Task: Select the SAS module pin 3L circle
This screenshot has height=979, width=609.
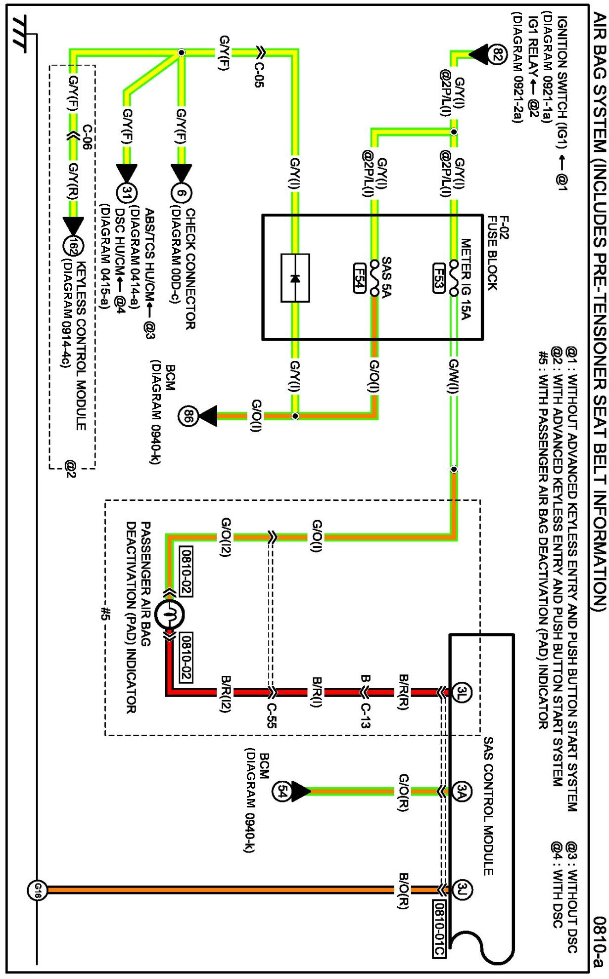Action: (x=462, y=692)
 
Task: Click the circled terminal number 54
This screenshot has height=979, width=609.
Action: (x=281, y=792)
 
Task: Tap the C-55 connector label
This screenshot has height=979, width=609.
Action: (x=271, y=715)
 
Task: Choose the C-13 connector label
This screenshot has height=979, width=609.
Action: (x=365, y=715)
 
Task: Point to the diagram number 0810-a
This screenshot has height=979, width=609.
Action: (x=600, y=944)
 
